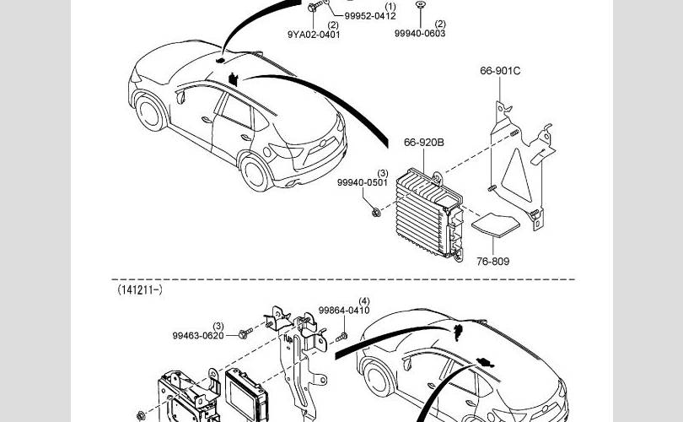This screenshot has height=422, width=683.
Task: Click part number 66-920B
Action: (x=423, y=143)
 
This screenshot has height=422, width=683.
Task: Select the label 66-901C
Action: (x=500, y=71)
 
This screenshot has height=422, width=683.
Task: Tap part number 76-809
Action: (x=492, y=261)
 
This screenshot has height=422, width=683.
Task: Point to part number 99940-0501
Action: (x=363, y=182)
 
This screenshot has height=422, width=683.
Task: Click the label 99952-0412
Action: (x=370, y=16)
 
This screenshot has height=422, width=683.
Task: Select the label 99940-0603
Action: (x=420, y=33)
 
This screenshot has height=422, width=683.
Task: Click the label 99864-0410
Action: (x=344, y=311)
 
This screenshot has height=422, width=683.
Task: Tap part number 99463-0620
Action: (x=198, y=335)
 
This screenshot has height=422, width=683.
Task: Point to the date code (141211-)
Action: (x=140, y=289)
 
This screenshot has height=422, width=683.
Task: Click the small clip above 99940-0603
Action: (x=420, y=5)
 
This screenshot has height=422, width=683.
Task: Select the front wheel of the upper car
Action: (x=149, y=116)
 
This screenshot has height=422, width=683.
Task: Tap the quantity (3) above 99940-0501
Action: (x=382, y=172)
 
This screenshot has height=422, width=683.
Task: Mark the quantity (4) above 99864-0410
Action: (x=364, y=301)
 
